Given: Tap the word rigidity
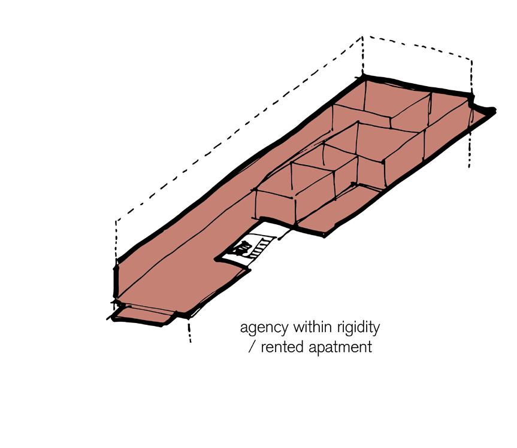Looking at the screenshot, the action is point(359,328).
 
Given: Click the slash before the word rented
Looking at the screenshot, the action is point(251,348).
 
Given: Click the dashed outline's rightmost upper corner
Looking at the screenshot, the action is point(473,60).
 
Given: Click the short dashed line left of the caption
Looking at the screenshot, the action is point(189,330).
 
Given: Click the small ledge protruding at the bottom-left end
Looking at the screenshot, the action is point(144,315).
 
